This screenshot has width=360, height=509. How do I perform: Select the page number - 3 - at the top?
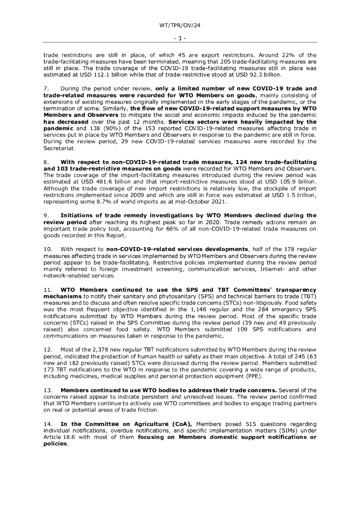[x=180, y=38]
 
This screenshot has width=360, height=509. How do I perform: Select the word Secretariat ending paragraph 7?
[x=59, y=148]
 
